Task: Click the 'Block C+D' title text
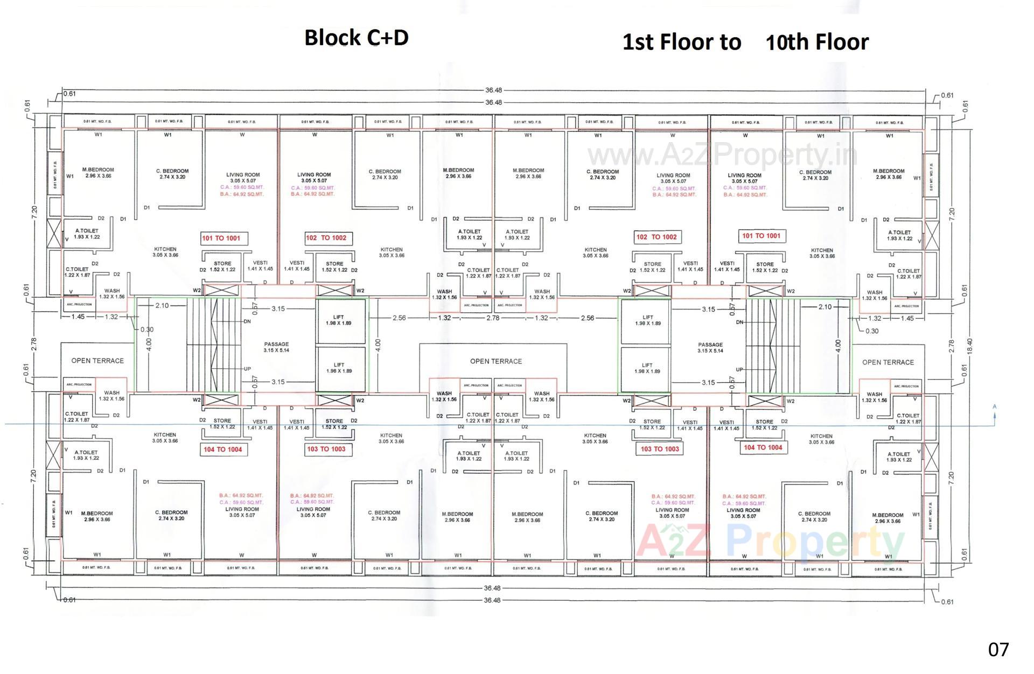[357, 38]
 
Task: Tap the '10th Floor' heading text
[816, 42]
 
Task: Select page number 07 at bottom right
[998, 649]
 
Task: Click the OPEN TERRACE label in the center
[495, 361]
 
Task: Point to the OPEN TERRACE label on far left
[97, 361]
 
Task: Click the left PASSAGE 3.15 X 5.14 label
[276, 347]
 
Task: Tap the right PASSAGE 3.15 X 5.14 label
[710, 347]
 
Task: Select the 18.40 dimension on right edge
[970, 345]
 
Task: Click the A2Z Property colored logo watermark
[770, 541]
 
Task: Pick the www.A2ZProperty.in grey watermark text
[722, 156]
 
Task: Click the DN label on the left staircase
[247, 321]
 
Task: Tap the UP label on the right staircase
[740, 370]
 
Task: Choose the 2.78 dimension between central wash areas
[493, 318]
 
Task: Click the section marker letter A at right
[994, 407]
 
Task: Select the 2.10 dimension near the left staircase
[162, 305]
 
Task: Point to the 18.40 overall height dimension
[970, 345]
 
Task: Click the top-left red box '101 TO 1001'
[221, 238]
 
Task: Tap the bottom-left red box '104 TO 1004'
[222, 449]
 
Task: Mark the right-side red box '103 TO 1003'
[660, 448]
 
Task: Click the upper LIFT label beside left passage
[339, 320]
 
